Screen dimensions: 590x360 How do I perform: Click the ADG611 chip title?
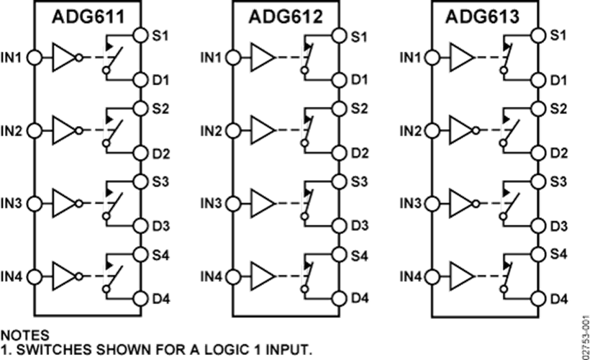[x=88, y=17]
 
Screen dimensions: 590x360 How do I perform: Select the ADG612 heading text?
[x=286, y=17]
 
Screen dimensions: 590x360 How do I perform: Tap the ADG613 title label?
[x=482, y=17]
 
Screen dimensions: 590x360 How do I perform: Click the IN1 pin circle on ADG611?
[x=35, y=58]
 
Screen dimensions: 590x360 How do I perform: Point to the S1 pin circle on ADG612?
[x=339, y=35]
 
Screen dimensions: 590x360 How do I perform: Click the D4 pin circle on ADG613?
[x=538, y=299]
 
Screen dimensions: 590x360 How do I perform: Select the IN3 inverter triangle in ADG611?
[x=64, y=204]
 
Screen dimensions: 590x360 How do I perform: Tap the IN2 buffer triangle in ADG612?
[x=263, y=130]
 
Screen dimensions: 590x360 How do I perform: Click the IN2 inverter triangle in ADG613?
[x=462, y=130]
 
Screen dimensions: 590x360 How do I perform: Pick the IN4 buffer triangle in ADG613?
[x=462, y=276]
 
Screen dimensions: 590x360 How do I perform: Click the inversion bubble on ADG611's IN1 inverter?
[x=79, y=58]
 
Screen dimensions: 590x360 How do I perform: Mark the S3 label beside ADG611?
[x=160, y=181]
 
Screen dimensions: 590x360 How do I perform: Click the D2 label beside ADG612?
[x=360, y=153]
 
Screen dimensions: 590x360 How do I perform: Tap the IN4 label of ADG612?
[x=211, y=277]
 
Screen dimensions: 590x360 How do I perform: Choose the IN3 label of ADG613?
[x=410, y=204]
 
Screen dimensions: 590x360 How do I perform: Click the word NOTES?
[x=25, y=335]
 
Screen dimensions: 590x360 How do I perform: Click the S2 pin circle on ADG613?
[x=538, y=109]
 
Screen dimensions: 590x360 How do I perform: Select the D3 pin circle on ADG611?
[x=140, y=225]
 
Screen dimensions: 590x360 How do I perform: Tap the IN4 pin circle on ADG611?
[x=35, y=276]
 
